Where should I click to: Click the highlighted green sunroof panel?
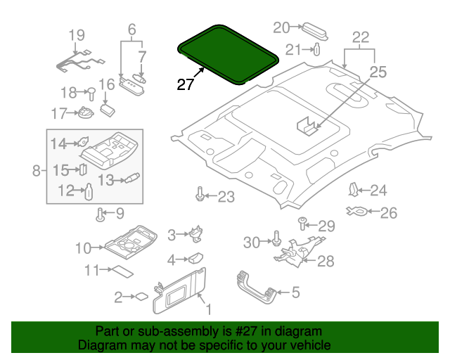[226, 53]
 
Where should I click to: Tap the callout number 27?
[185, 84]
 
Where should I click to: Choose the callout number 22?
[360, 37]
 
